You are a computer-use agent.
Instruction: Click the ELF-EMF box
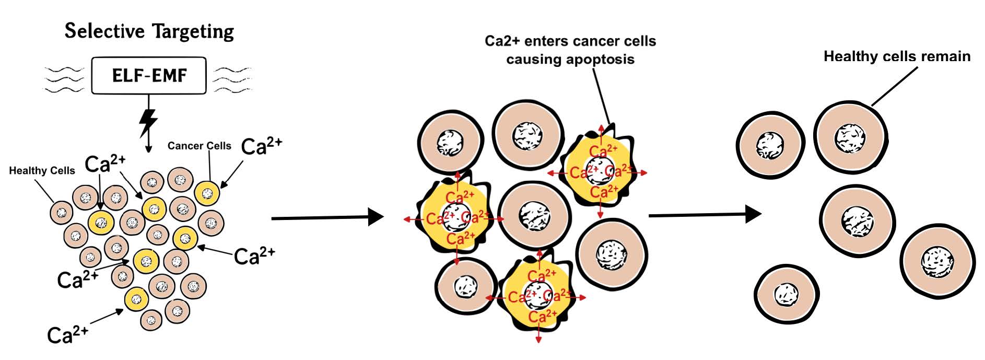tap(149, 76)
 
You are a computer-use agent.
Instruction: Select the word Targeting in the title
tap(192, 32)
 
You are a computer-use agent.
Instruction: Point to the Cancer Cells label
tap(199, 146)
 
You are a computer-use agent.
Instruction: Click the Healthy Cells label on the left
tap(42, 171)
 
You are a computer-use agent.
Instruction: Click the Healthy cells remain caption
tap(896, 56)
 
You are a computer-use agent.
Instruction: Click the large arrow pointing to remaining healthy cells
tap(705, 214)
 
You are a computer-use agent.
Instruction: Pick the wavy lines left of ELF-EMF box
tap(64, 79)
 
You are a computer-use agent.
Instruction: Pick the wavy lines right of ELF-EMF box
tap(233, 79)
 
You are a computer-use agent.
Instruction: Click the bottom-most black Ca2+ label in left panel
tap(67, 334)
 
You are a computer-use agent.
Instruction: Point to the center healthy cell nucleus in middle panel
tap(533, 216)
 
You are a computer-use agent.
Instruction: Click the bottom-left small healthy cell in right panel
tap(785, 294)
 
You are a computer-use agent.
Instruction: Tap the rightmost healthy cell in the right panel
tap(937, 260)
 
